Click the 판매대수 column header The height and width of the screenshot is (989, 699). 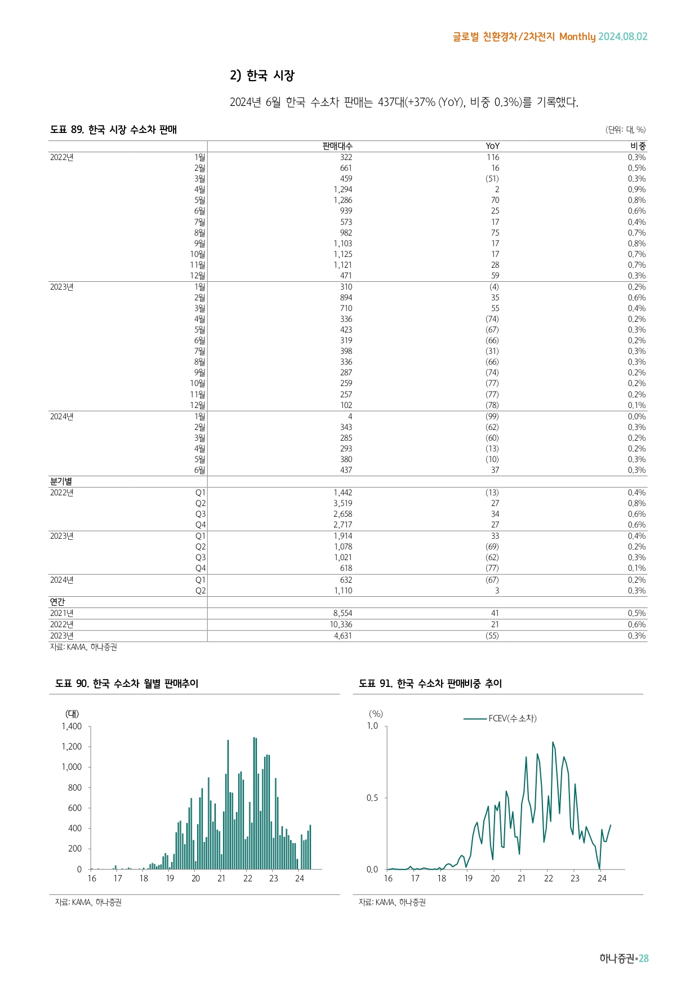coord(337,146)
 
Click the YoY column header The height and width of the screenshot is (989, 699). coord(492,146)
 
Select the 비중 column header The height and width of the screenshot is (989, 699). coord(638,146)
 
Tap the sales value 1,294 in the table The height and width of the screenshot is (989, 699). coord(342,189)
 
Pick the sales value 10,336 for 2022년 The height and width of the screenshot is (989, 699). coord(341,624)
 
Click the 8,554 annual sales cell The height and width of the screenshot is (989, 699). coord(342,613)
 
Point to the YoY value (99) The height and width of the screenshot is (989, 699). coord(492,416)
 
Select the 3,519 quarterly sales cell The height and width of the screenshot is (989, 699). coord(342,503)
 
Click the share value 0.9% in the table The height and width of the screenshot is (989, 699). coord(636,189)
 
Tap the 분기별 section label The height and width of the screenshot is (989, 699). coord(61,481)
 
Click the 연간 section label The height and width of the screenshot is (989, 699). coord(57,602)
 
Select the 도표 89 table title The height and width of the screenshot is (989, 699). coord(113,130)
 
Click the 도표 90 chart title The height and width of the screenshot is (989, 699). coord(127,684)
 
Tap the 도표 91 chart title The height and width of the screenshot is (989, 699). coord(430,684)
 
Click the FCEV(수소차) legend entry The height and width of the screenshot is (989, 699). coord(512,719)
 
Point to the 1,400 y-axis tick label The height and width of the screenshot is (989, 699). coord(72,726)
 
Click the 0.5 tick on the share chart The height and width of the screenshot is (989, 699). coord(372,798)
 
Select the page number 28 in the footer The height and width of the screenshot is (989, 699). coord(643,959)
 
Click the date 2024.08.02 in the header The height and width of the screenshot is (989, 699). coord(622,37)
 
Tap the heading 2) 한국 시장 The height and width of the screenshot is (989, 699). coord(262,76)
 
